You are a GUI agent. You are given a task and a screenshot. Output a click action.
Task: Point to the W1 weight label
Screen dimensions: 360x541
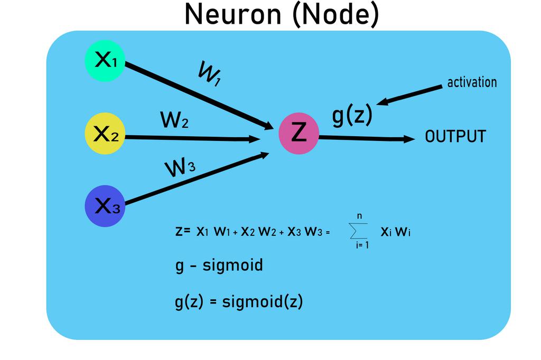(209, 74)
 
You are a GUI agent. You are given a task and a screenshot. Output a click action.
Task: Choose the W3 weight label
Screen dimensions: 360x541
(180, 168)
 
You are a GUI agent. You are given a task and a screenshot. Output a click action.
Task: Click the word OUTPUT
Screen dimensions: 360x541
(455, 137)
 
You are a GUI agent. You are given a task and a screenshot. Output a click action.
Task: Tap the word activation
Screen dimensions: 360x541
(472, 82)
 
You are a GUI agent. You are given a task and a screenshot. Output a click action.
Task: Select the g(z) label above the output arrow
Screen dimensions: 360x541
(352, 116)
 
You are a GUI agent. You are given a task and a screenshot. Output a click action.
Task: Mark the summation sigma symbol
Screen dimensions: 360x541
(359, 231)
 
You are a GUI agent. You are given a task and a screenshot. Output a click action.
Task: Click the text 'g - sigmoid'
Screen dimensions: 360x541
(219, 265)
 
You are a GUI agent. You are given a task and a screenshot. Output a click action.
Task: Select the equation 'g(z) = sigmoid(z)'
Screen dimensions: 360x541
(239, 302)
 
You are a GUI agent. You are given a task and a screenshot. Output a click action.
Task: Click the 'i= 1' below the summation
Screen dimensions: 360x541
(362, 245)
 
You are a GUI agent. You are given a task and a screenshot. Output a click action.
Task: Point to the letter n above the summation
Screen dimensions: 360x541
(359, 216)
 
